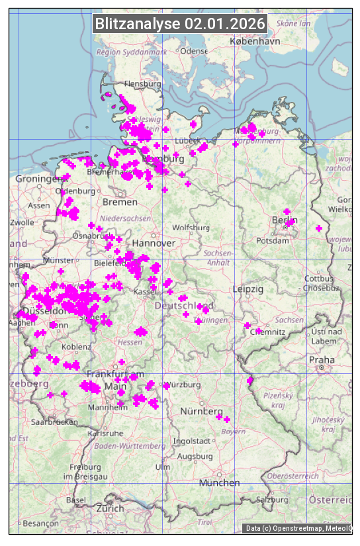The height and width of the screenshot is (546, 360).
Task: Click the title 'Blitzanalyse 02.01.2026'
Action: coord(180,23)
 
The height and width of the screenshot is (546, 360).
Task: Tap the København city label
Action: coord(255,41)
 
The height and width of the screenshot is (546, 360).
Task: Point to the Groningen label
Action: coord(38,179)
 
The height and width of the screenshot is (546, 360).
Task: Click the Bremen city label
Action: coord(120,201)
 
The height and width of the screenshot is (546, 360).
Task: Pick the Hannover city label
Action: coord(154,244)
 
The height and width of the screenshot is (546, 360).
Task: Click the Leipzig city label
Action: coord(248,289)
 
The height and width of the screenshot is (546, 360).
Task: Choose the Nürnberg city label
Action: coord(199,412)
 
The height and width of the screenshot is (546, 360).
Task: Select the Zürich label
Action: coord(110,508)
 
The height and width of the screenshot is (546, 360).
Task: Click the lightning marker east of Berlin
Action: coord(319,228)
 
